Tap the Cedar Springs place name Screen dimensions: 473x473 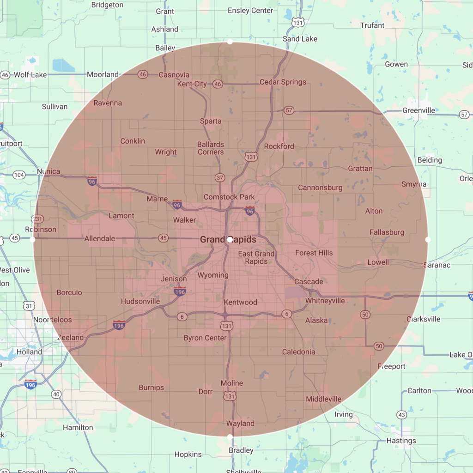(283, 82)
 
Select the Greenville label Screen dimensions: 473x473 (418, 110)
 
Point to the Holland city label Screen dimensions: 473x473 (29, 352)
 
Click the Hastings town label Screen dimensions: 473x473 (401, 441)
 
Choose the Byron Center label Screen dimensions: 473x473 (205, 338)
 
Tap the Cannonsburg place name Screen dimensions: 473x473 (320, 188)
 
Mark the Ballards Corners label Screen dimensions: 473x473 (211, 148)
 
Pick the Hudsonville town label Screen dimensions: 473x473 (140, 301)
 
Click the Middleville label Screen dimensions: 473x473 (323, 399)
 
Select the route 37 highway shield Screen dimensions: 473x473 (219, 177)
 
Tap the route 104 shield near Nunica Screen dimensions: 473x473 (19, 175)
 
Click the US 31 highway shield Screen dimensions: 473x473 (29, 305)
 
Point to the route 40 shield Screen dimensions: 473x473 (56, 394)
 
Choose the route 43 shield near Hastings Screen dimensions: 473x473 (402, 415)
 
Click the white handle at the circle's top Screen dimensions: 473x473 (230, 42)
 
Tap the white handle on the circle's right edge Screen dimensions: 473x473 (428, 240)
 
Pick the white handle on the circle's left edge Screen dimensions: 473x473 (32, 240)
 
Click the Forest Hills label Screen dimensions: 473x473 (314, 253)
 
